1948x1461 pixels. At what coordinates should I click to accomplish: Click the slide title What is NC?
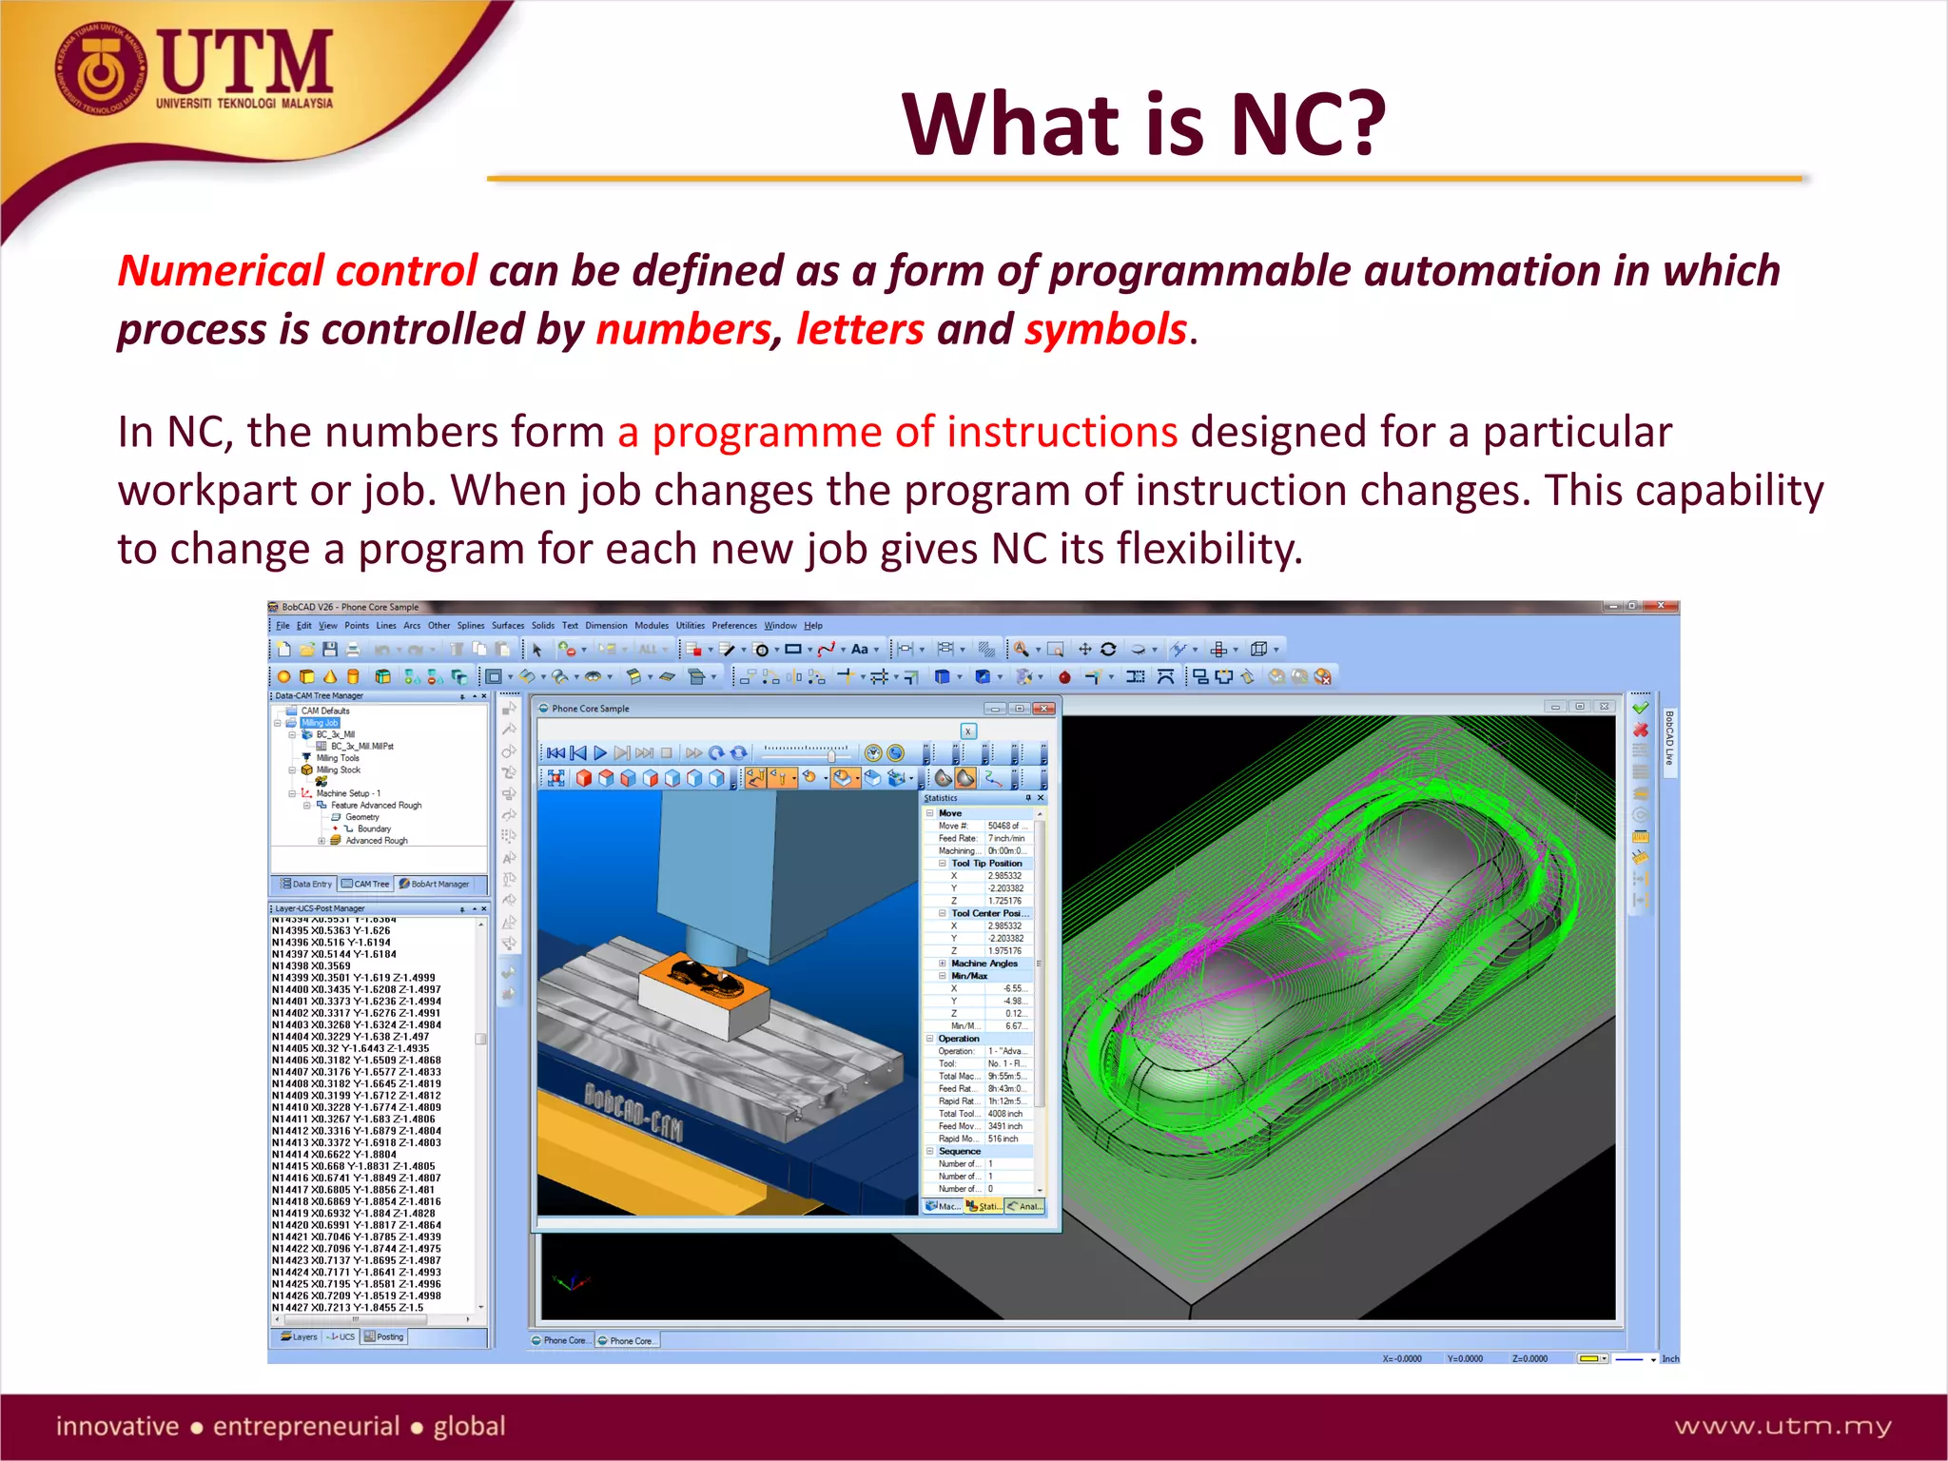(x=1144, y=125)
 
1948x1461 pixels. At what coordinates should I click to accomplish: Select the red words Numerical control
(x=297, y=271)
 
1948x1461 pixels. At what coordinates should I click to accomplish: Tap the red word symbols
(x=1105, y=330)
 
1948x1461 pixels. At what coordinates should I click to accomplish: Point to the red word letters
(x=860, y=330)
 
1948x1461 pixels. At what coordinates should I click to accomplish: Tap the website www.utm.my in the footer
(x=1782, y=1426)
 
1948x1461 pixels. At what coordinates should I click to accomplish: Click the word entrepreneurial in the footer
(x=305, y=1426)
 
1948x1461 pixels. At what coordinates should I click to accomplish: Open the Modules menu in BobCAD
(x=652, y=626)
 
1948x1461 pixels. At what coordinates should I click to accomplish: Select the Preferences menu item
(x=734, y=626)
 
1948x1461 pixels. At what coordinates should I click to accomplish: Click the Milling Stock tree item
(x=338, y=770)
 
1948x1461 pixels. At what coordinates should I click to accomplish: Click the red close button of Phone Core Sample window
(x=1043, y=709)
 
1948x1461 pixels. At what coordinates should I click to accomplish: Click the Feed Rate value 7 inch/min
(x=1005, y=839)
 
